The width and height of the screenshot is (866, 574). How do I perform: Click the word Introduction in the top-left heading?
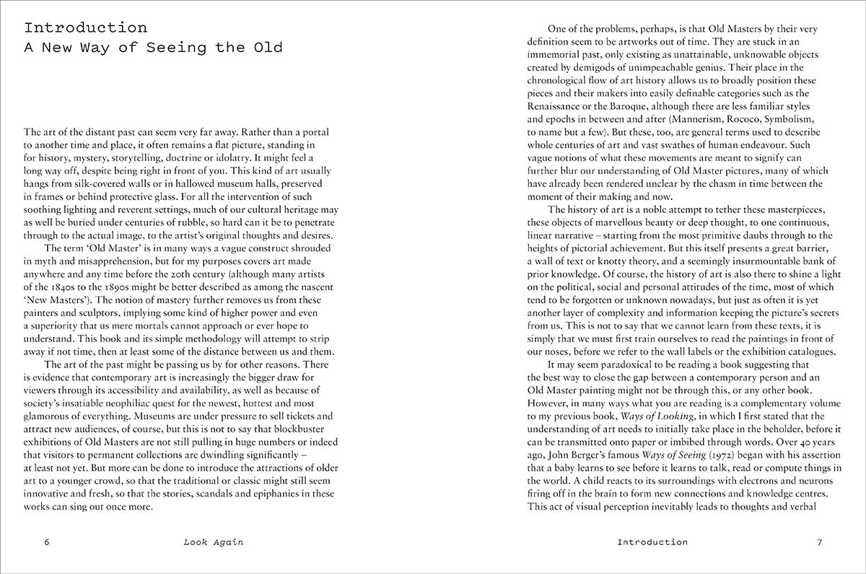[85, 28]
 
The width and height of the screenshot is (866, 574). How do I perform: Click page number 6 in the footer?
[46, 542]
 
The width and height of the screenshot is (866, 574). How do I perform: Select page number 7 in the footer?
[819, 542]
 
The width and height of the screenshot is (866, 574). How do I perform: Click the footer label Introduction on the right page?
[652, 542]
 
